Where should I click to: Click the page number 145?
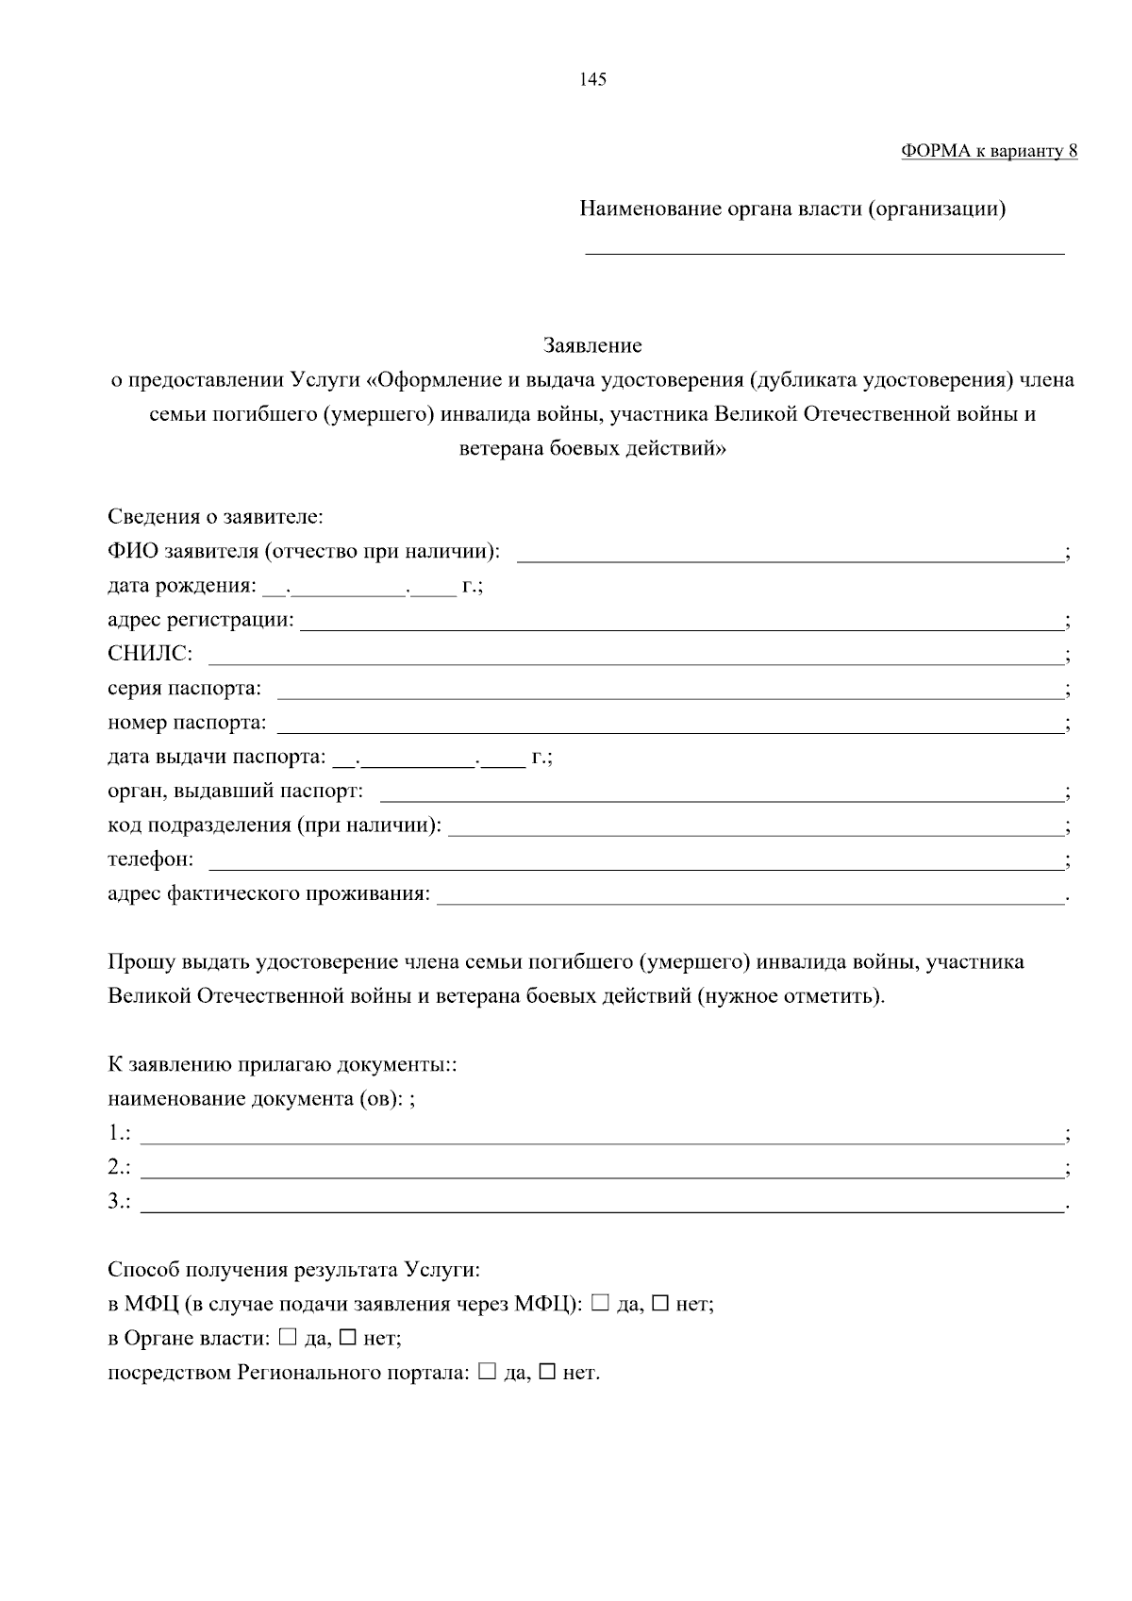tap(593, 79)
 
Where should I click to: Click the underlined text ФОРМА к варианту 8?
tap(989, 151)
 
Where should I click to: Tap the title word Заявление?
tap(592, 345)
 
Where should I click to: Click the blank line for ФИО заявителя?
tap(790, 557)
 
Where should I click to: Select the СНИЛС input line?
tap(635, 659)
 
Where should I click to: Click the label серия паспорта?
tap(184, 689)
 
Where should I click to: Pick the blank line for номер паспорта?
tap(669, 728)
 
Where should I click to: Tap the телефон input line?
tap(635, 865)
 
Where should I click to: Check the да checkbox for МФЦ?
tap(600, 1303)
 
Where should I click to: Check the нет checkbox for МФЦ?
tap(660, 1303)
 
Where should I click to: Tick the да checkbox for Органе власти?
tap(289, 1337)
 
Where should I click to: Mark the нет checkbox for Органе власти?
tap(348, 1337)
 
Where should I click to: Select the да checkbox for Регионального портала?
tap(487, 1371)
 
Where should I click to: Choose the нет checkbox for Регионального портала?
tap(547, 1371)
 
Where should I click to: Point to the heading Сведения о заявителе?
tap(215, 517)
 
